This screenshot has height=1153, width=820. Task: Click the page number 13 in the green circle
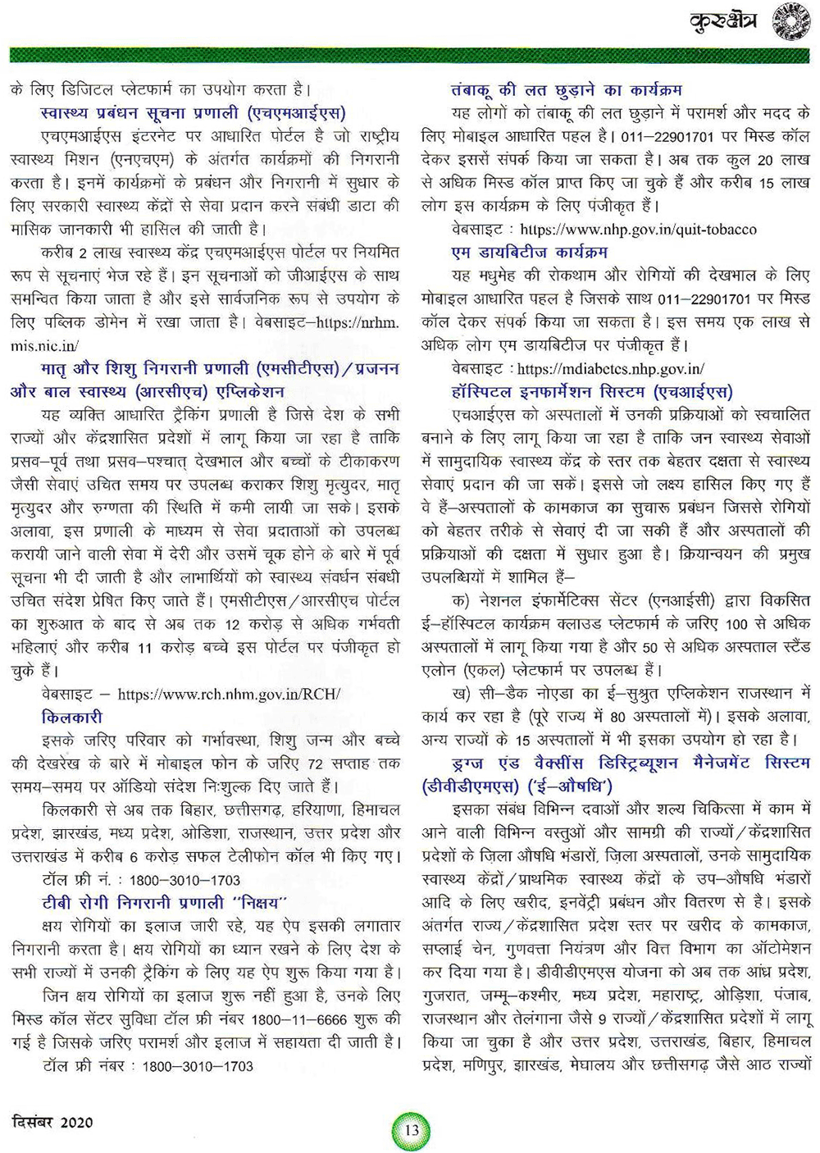pyautogui.click(x=411, y=1130)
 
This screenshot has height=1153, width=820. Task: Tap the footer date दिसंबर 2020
pyautogui.click(x=52, y=1121)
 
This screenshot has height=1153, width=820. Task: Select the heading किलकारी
pyautogui.click(x=72, y=718)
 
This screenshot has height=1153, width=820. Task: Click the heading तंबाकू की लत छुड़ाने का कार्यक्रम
pyautogui.click(x=567, y=89)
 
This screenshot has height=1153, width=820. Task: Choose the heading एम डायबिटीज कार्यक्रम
pyautogui.click(x=530, y=252)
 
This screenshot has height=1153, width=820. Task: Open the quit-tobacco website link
pyautogui.click(x=627, y=230)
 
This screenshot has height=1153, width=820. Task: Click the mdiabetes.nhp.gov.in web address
pyautogui.click(x=611, y=369)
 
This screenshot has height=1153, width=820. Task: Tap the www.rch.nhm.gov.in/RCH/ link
pyautogui.click(x=229, y=695)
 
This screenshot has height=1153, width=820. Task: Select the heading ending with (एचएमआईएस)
pyautogui.click(x=193, y=112)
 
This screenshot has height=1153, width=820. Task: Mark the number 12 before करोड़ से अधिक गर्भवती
pyautogui.click(x=232, y=625)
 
